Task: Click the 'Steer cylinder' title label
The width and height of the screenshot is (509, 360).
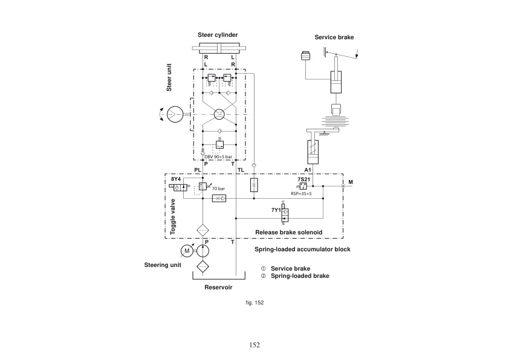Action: tap(218, 34)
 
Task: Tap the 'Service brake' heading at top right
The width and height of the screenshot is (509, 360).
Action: tap(334, 37)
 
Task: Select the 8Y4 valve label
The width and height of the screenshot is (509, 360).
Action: tap(176, 179)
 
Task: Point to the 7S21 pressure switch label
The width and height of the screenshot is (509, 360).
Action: tap(303, 179)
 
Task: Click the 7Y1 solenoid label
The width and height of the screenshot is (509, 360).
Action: tap(276, 210)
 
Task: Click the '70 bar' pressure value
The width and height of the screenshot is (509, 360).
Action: tap(218, 189)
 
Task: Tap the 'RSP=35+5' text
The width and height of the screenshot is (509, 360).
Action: tap(301, 194)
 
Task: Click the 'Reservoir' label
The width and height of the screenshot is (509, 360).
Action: tap(218, 288)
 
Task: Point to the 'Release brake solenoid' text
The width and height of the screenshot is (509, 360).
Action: tap(288, 232)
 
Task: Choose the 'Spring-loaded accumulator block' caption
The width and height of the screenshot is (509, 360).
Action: tap(303, 249)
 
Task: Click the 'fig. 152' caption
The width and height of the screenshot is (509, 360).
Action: tap(256, 302)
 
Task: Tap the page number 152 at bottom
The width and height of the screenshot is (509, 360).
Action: tap(254, 345)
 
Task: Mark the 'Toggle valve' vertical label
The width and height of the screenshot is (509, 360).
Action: tap(172, 216)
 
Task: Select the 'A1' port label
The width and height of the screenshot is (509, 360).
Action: tap(308, 170)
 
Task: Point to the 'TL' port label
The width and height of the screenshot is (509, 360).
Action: tap(241, 170)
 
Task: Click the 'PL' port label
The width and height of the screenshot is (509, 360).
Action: tap(197, 170)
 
